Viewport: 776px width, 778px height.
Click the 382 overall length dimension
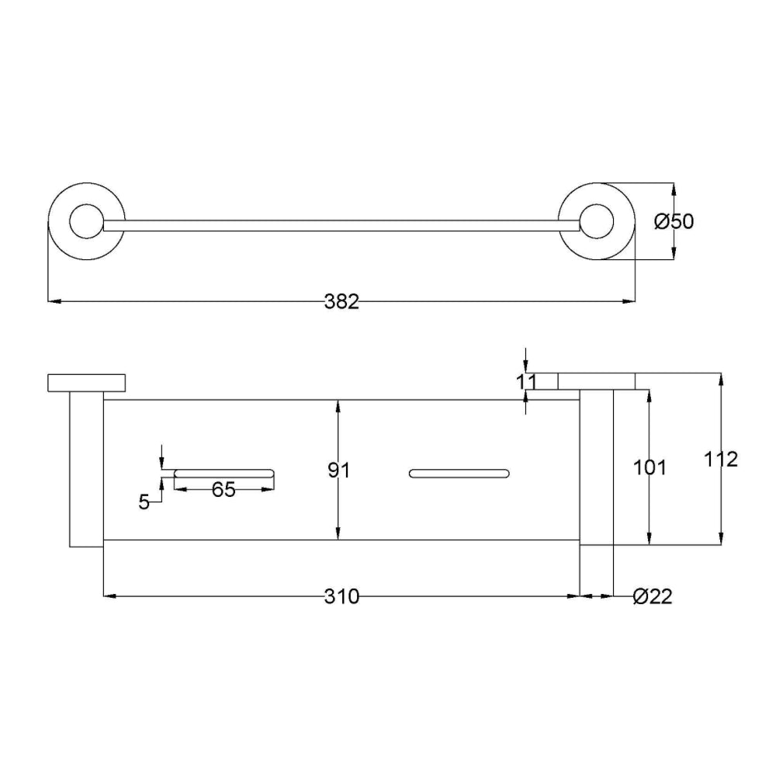341,302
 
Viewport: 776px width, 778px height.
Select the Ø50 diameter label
673,222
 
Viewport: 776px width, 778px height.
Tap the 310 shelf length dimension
341,597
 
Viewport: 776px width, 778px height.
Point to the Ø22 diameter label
652,597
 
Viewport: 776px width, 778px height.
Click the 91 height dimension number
339,471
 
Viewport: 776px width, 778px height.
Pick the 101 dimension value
650,467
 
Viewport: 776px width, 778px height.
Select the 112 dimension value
722,459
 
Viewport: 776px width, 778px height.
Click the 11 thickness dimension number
526,381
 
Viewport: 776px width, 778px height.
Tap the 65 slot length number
223,489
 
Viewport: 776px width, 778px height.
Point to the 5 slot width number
144,502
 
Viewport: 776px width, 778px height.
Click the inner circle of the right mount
596,222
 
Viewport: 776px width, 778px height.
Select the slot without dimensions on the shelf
459,473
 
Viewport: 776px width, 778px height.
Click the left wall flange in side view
85,382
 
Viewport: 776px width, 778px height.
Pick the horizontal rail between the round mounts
341,226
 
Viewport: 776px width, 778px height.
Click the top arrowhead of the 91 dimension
338,405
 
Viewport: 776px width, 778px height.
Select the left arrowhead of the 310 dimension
109,596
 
